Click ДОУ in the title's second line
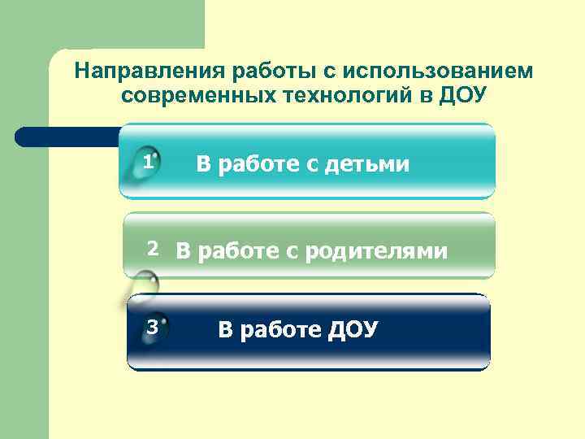461,95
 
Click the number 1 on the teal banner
147,163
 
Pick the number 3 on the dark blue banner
150,328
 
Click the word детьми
366,165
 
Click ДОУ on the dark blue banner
352,330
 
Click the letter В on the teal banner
203,165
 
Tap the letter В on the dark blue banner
225,330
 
